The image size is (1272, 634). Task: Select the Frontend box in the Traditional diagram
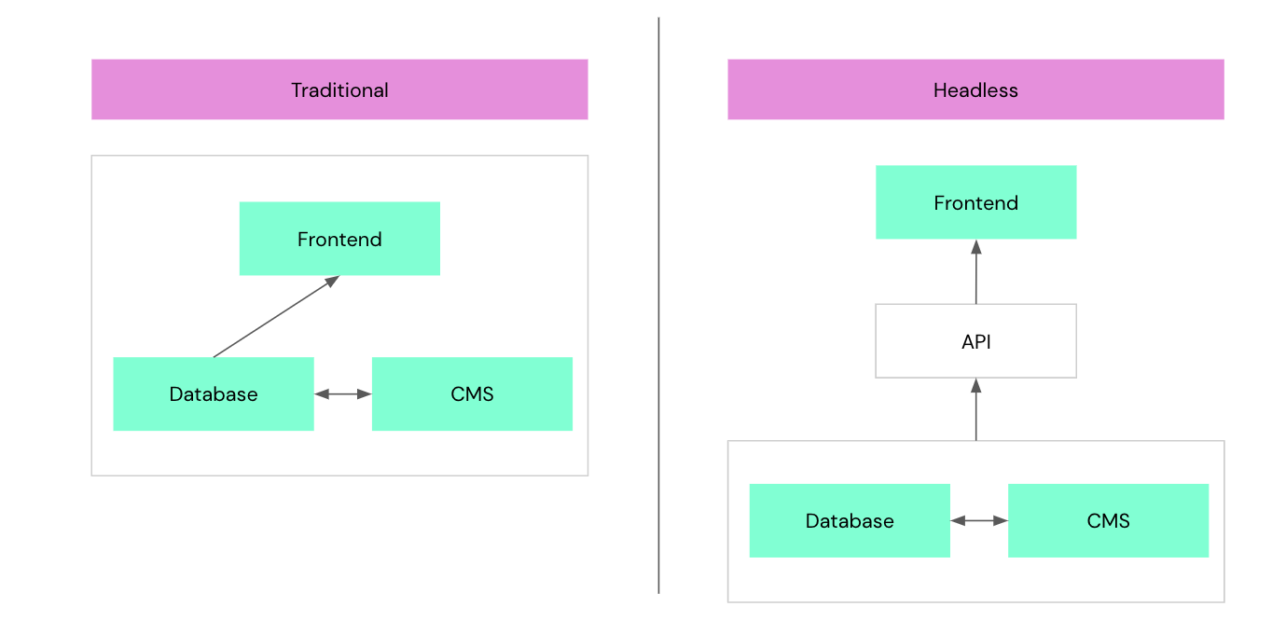[339, 239]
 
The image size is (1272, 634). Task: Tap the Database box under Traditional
[213, 393]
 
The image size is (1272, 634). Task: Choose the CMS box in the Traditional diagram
[472, 393]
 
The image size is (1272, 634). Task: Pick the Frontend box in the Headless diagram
[975, 202]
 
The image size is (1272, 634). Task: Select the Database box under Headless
[849, 520]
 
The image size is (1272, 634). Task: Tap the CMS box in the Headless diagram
[1108, 520]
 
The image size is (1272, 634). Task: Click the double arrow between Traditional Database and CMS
[342, 394]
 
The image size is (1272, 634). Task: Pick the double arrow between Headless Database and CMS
[978, 520]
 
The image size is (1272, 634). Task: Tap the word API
[975, 342]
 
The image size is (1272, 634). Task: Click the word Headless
[975, 90]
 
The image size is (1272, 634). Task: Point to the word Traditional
[339, 90]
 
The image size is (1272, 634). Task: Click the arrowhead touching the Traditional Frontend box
[332, 281]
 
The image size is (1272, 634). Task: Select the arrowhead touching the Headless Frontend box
[975, 247]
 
